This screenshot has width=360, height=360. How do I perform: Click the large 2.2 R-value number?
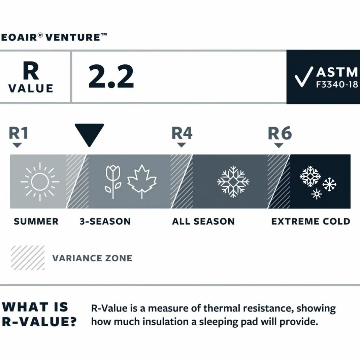coord(111,76)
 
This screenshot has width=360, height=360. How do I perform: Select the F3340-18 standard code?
coord(337,85)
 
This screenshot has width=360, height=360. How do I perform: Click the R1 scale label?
coord(18,133)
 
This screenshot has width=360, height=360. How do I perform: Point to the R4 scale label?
coord(182,133)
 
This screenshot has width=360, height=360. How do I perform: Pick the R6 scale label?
coord(280,133)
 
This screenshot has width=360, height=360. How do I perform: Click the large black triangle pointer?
coord(89,134)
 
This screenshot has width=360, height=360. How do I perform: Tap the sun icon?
coord(40,181)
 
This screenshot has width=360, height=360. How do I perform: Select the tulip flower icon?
coord(113,182)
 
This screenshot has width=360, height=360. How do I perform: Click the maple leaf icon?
coord(142,181)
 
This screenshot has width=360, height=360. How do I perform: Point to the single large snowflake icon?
coord(233,181)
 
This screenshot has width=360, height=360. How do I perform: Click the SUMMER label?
coord(36,222)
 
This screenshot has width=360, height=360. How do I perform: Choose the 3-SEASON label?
coord(105,222)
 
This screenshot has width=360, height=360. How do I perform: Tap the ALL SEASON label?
coord(203,222)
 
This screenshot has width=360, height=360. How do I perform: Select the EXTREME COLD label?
coord(311,222)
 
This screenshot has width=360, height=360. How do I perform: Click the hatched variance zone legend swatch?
coord(28,258)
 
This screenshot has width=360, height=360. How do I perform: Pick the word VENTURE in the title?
coord(73,37)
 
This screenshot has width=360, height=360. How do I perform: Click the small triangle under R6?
coord(279,146)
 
